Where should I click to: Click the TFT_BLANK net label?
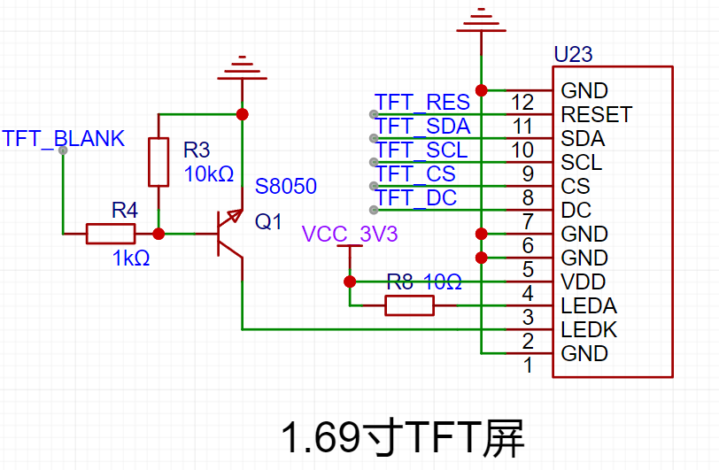point(63,138)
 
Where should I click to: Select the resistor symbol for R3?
point(158,162)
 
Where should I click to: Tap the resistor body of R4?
point(111,234)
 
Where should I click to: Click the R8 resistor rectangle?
point(409,305)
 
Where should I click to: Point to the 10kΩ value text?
point(209,174)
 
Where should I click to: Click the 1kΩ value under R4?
point(131,258)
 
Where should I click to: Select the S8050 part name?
point(286,186)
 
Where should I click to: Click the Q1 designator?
point(268,222)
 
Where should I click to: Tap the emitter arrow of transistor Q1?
point(235,215)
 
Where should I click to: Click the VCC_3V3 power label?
point(350,235)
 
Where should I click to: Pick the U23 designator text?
point(573,55)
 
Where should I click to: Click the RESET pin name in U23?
point(597,115)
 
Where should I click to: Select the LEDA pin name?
point(589,306)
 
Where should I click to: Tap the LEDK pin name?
point(589,329)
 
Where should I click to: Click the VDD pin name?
point(584,282)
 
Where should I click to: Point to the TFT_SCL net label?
point(421,150)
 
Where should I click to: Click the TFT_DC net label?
point(416,198)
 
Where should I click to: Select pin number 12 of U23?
point(522,103)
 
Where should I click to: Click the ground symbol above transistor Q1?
point(242,68)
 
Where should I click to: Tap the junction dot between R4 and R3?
point(158,234)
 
